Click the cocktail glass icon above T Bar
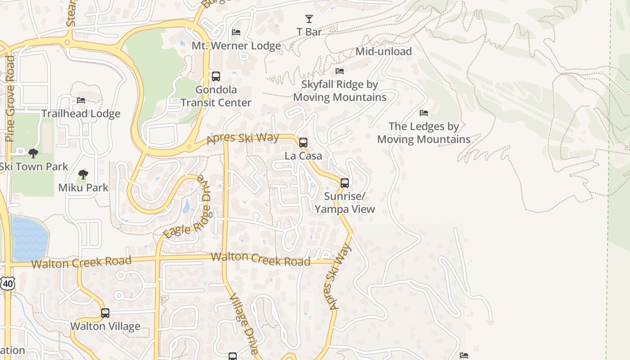pos(309,19)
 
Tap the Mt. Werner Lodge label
pos(236,46)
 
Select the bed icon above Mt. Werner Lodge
pos(236,32)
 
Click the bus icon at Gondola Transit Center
pos(216,76)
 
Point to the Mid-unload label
pos(383,51)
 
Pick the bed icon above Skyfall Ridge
pos(340,71)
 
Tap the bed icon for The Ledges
pos(423,113)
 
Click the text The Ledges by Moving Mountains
pos(423,133)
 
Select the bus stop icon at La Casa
pos(303,143)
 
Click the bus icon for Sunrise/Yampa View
pos(345,183)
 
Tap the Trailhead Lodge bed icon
pos(81,100)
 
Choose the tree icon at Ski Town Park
pos(33,153)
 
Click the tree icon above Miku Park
pos(83,175)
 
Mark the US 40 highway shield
pos(8,283)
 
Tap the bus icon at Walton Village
pos(105,313)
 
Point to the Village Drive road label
pos(244,324)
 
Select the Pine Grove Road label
pos(10,99)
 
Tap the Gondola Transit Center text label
pos(216,96)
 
